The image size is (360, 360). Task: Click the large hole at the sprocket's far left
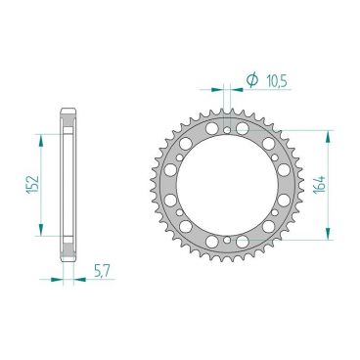tap(167, 184)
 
